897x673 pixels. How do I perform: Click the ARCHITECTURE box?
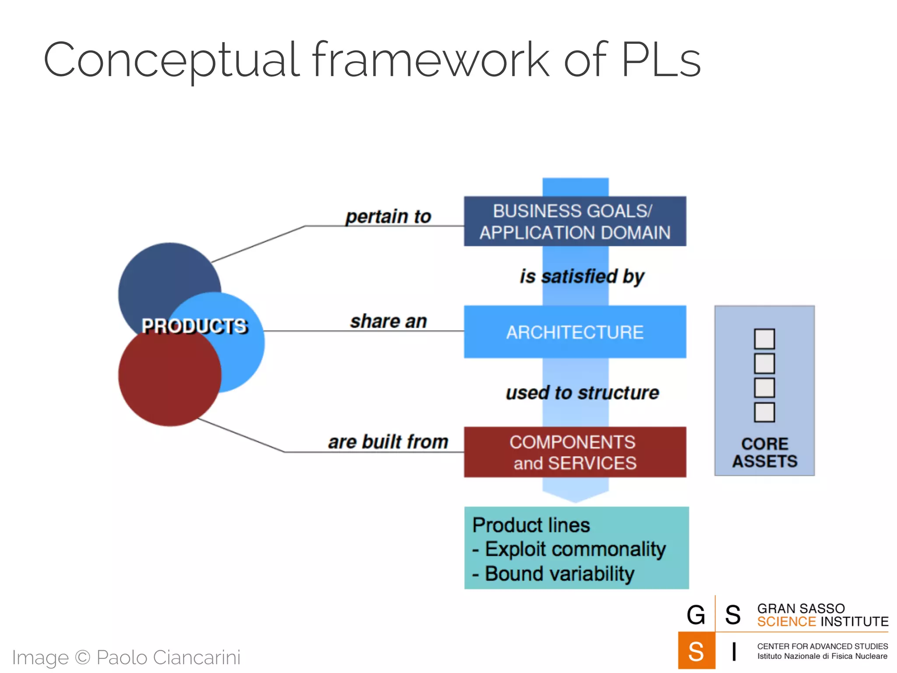pos(575,332)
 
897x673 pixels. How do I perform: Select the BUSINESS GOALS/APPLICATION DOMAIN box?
pos(575,221)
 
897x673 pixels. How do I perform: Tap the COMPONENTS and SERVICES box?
pos(575,452)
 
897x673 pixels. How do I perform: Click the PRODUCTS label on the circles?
pos(194,326)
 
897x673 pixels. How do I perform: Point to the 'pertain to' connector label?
pos(388,216)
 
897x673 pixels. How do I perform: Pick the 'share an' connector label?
pos(388,321)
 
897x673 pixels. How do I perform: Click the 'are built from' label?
pos(388,442)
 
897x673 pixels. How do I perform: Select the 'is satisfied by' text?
pos(582,276)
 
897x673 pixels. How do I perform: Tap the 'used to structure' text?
pos(582,393)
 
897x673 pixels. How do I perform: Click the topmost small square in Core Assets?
pos(764,339)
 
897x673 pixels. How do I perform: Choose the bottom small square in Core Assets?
pos(764,412)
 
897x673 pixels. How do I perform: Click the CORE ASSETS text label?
pos(765,453)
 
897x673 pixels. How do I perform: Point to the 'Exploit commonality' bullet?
pos(575,549)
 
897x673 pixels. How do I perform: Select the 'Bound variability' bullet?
pos(559,574)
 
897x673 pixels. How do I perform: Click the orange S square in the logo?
pos(696,651)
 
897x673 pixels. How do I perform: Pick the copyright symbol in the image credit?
pos(82,657)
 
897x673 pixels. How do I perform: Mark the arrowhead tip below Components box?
pos(575,502)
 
